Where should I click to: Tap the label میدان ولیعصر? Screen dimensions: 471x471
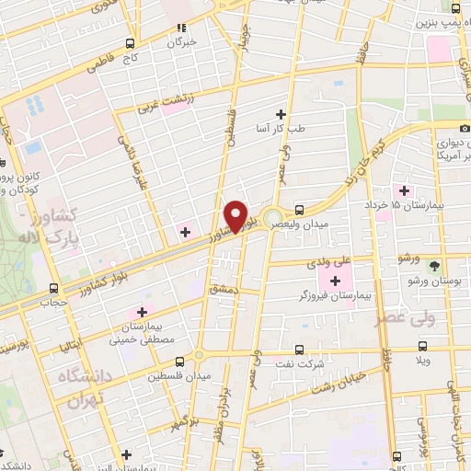click(325, 223)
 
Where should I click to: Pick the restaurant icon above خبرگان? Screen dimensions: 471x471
click(181, 28)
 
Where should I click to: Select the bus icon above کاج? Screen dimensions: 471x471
click(130, 42)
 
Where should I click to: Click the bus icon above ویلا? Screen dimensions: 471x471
click(422, 347)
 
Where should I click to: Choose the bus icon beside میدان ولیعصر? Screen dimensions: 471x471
click(300, 208)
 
